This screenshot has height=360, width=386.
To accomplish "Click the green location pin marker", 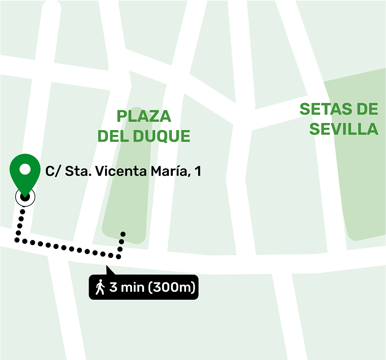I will pyautogui.click(x=25, y=175).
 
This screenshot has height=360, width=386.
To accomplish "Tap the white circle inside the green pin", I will pyautogui.click(x=25, y=169).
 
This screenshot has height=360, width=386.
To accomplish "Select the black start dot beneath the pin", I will pyautogui.click(x=25, y=197).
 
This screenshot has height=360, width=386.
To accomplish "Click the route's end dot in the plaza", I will pyautogui.click(x=123, y=234).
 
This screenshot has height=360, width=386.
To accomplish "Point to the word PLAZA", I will pyautogui.click(x=144, y=116).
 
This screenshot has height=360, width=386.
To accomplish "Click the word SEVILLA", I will pyautogui.click(x=343, y=129).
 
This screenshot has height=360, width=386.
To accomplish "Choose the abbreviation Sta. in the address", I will pyautogui.click(x=75, y=171).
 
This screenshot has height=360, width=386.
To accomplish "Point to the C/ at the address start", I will pyautogui.click(x=53, y=171).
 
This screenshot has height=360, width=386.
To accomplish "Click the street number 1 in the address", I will pyautogui.click(x=198, y=171).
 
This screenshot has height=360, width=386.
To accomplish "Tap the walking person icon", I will pyautogui.click(x=100, y=287).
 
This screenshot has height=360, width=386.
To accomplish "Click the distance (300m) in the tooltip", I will pyautogui.click(x=172, y=287).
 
